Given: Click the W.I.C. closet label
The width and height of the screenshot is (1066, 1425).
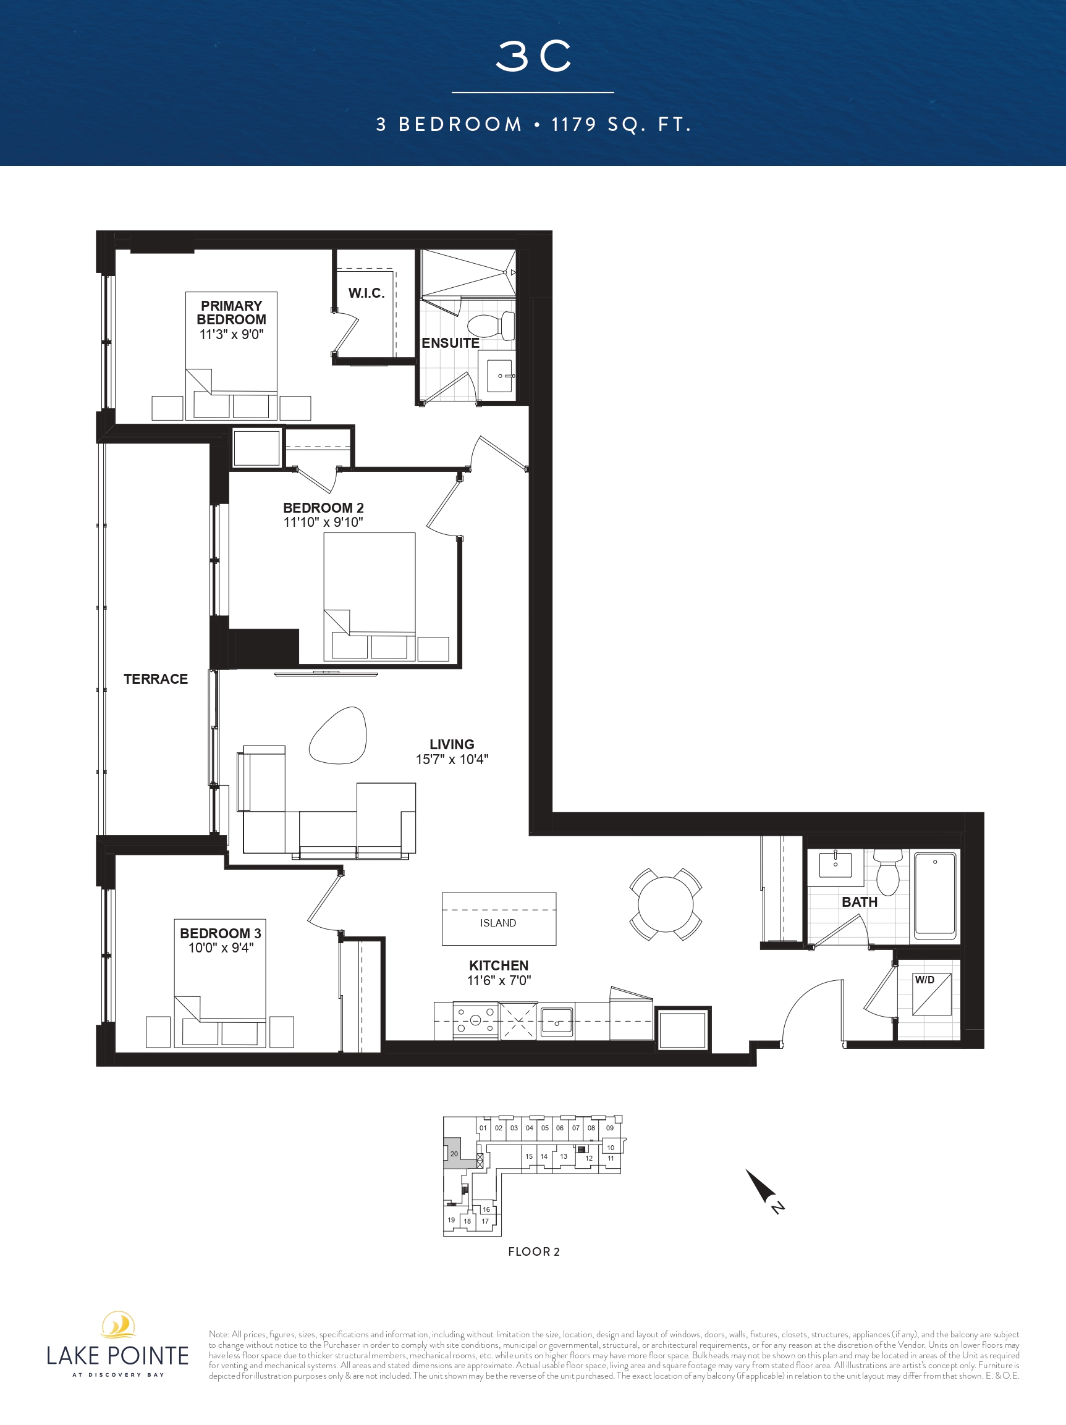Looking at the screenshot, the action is coord(366,293).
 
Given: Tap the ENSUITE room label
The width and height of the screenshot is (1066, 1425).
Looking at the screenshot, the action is coord(451,343).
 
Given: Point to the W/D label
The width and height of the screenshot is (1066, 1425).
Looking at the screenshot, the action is coord(924,980).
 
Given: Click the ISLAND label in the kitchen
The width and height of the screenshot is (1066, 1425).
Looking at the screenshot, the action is coord(498,923).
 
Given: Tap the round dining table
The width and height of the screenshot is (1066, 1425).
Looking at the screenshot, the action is coord(666,904).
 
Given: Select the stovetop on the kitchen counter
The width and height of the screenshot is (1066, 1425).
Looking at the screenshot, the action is coord(476,1020).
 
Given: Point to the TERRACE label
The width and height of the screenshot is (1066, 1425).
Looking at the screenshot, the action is coord(156,679).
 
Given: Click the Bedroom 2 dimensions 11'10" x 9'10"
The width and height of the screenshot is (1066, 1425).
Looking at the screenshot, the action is coord(324,523).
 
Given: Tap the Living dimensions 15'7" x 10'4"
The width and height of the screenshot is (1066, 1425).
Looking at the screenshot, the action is coord(452,760).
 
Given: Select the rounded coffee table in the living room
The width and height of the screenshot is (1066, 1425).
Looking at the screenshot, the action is coord(339,735).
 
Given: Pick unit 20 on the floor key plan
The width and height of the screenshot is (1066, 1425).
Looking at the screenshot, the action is coord(454,1153).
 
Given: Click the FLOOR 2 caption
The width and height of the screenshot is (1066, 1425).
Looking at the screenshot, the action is coord(534,1251).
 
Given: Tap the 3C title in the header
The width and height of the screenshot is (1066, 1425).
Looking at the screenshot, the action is coord(533,56).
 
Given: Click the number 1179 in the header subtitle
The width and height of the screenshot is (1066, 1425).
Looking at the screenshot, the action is coord(575,124).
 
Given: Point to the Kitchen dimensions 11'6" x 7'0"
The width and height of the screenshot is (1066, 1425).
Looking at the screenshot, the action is coord(499,980).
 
